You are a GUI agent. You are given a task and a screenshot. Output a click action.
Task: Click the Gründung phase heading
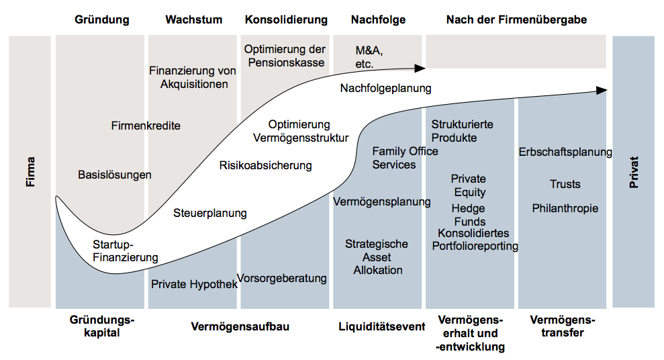pyautogui.click(x=101, y=19)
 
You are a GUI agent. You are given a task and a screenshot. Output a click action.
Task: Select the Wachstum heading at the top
pyautogui.click(x=193, y=19)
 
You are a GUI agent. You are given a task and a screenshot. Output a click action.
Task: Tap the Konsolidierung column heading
pyautogui.click(x=286, y=19)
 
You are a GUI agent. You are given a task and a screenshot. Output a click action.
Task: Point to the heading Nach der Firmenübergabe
pyautogui.click(x=516, y=19)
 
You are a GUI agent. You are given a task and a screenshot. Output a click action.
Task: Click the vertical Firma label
pyautogui.click(x=30, y=172)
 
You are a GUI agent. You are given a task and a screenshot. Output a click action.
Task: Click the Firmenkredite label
pyautogui.click(x=146, y=126)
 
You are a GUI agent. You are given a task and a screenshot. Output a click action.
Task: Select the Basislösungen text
pyautogui.click(x=115, y=175)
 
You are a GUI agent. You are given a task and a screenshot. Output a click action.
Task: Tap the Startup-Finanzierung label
pyautogui.click(x=126, y=251)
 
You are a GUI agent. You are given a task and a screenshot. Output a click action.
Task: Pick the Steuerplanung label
pyautogui.click(x=210, y=214)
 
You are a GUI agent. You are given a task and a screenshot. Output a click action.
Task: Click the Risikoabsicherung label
pyautogui.click(x=266, y=165)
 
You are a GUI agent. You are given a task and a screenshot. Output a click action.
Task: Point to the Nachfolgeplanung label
pyautogui.click(x=385, y=88)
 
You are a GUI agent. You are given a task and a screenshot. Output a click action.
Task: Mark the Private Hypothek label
pyautogui.click(x=194, y=284)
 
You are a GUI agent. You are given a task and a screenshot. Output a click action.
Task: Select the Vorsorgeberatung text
pyautogui.click(x=282, y=278)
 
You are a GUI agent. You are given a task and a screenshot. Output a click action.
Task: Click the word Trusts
pyautogui.click(x=565, y=184)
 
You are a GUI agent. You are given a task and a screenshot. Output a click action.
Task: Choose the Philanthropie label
pyautogui.click(x=565, y=208)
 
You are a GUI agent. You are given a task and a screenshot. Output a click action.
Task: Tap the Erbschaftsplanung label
pyautogui.click(x=565, y=152)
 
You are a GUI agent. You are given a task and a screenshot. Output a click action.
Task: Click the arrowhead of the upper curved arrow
pyautogui.click(x=421, y=68)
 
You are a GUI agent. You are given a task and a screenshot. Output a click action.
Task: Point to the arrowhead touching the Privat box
pyautogui.click(x=603, y=90)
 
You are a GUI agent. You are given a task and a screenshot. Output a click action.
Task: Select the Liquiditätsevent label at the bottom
pyautogui.click(x=382, y=326)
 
